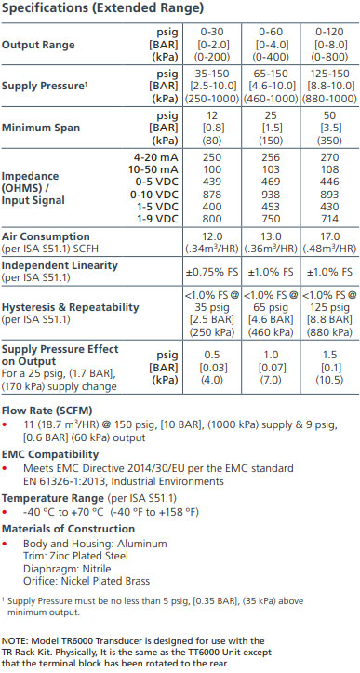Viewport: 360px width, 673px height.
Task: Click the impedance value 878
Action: (x=211, y=195)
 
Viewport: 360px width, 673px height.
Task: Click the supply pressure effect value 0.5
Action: (x=211, y=354)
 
